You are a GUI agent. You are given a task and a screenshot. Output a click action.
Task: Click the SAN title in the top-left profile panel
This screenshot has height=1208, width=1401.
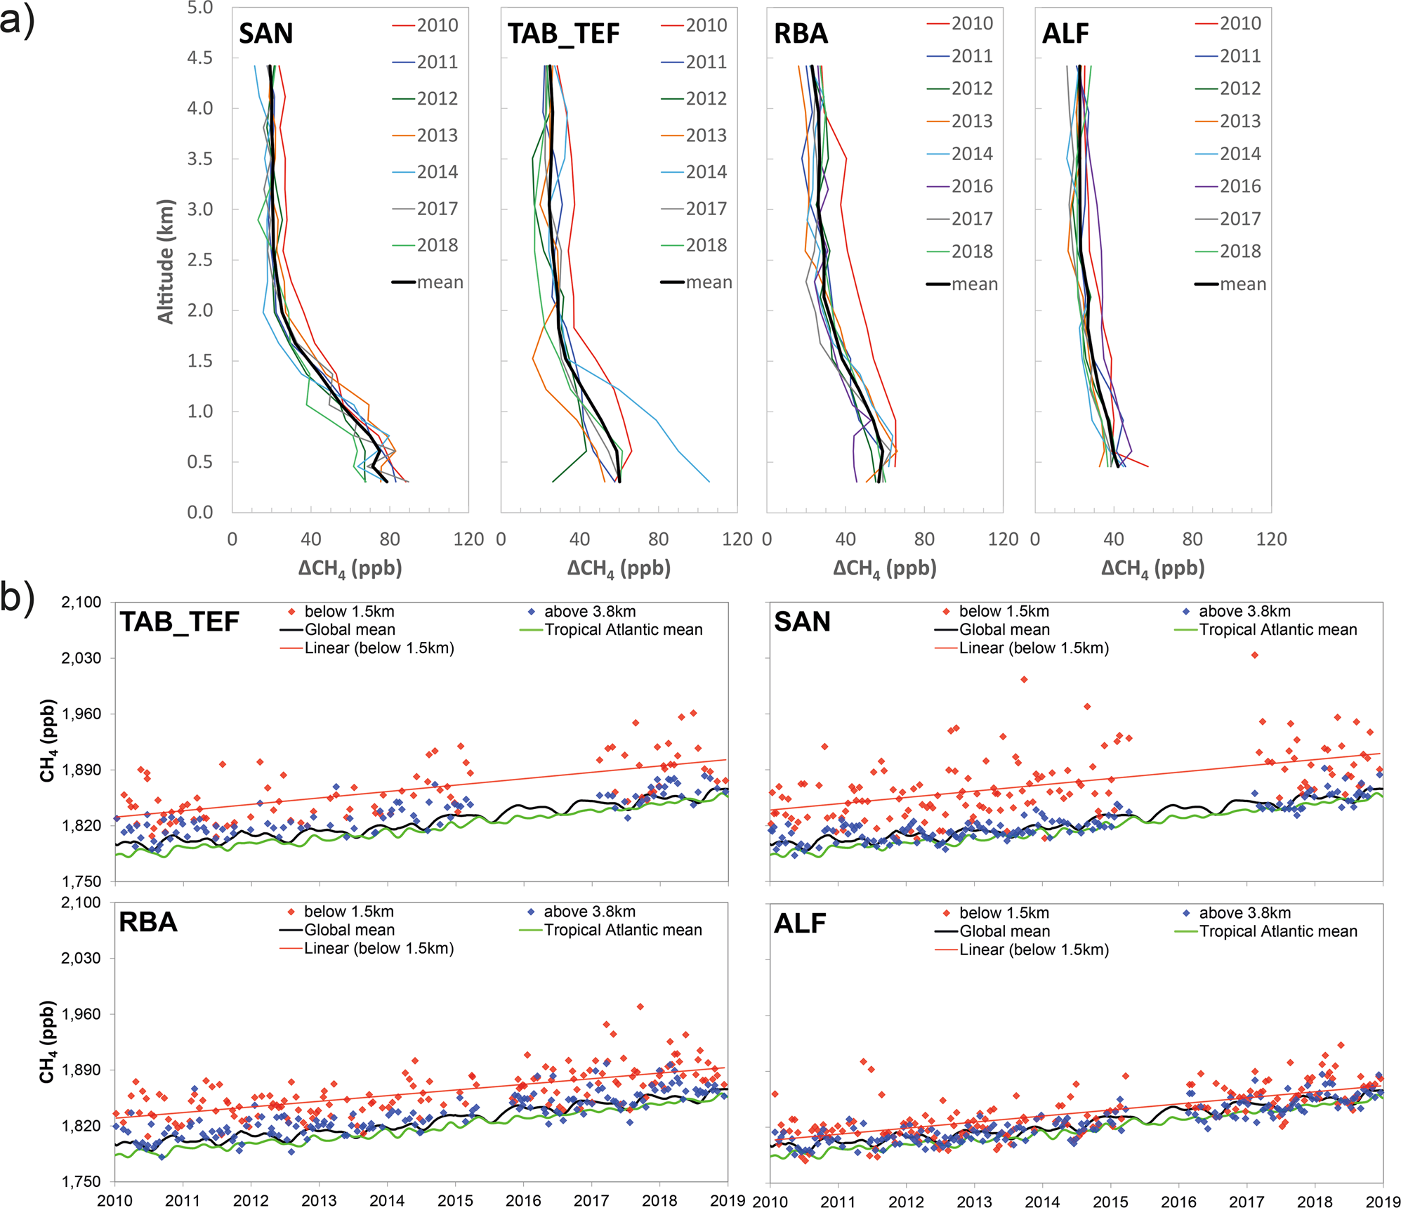265,33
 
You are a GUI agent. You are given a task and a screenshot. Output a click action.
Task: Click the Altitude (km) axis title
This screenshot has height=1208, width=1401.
166,262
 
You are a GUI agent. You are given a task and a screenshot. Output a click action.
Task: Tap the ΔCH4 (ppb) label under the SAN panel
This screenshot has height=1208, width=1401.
350,568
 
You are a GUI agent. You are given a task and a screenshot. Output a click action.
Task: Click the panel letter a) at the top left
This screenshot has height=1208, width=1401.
17,21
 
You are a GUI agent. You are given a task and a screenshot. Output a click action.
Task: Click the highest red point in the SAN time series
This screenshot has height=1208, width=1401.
1254,655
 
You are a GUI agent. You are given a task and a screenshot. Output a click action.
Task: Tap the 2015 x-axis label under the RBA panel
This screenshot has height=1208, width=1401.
455,1200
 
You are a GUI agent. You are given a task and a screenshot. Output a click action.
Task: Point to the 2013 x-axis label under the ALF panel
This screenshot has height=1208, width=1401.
974,1201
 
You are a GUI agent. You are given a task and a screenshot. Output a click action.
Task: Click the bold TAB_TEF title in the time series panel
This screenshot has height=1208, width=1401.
180,622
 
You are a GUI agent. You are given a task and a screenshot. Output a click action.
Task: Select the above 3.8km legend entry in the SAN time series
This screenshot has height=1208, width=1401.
1244,612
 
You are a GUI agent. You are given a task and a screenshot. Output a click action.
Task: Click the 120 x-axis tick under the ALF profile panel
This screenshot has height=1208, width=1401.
1271,539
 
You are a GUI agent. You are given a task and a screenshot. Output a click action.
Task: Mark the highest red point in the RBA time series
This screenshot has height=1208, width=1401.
640,1006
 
